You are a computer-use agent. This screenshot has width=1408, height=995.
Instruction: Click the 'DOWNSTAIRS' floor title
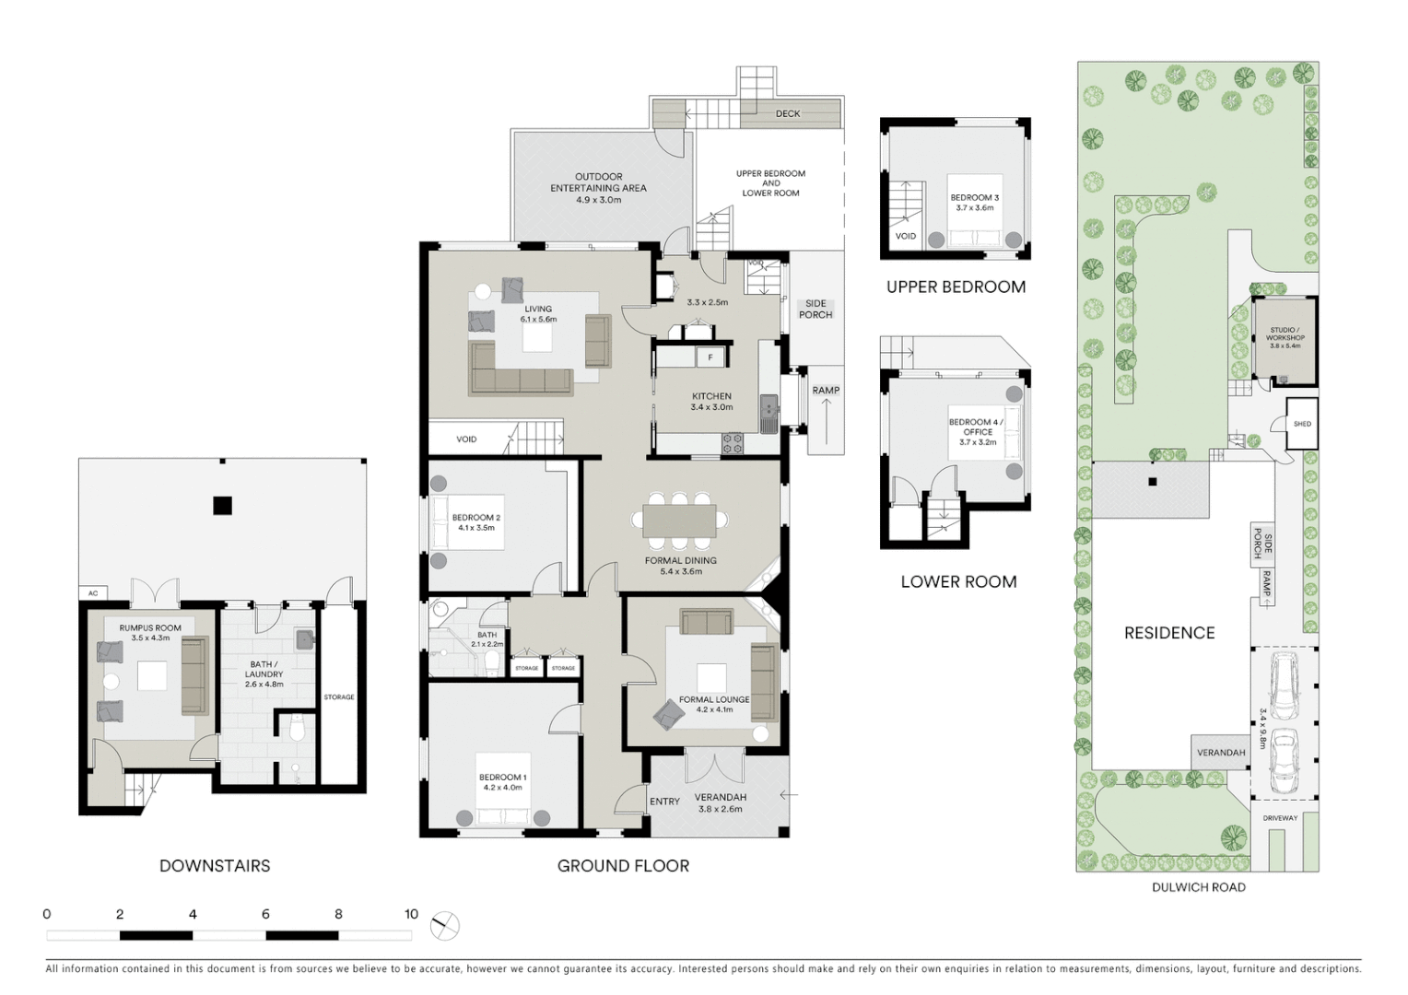215,866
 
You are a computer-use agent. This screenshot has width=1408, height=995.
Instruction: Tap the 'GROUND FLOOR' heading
623,866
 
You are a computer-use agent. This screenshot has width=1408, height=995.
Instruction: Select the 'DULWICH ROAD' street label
1198,887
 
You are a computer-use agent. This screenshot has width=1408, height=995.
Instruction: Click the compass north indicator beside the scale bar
445,924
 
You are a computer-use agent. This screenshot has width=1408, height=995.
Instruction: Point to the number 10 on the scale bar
411,915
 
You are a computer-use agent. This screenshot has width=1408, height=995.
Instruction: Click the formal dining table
680,520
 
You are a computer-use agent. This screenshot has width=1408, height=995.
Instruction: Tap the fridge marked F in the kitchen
710,357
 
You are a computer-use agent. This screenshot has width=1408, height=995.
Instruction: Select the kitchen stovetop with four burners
733,443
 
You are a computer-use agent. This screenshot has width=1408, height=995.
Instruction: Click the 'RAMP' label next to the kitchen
826,391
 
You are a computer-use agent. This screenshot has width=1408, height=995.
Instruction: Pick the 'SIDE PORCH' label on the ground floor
815,310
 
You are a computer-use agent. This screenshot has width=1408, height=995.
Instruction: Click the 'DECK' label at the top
788,114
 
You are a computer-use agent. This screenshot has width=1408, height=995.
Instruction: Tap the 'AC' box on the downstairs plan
93,593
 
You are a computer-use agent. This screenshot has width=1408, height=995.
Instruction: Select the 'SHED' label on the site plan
1302,424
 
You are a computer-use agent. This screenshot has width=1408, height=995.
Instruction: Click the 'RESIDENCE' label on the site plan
1169,633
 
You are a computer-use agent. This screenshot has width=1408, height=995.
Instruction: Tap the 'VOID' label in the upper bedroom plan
906,237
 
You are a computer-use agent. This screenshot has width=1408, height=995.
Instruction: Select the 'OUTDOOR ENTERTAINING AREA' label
598,182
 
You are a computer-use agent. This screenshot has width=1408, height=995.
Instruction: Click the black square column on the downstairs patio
222,505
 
